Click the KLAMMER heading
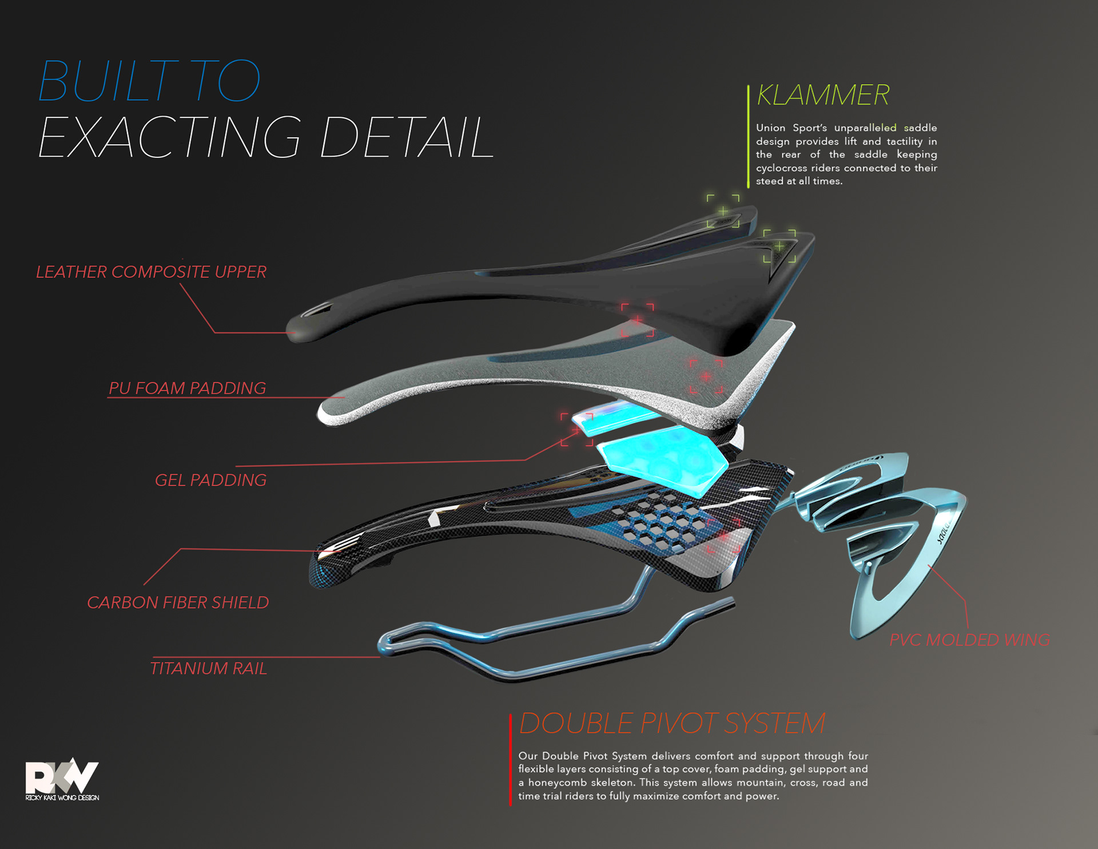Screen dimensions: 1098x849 (x=823, y=95)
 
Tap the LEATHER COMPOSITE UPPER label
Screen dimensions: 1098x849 (x=151, y=272)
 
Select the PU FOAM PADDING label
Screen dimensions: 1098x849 (x=187, y=388)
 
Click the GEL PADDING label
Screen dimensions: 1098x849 (x=210, y=480)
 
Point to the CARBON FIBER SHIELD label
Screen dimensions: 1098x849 (x=177, y=602)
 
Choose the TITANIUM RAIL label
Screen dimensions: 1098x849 (x=208, y=668)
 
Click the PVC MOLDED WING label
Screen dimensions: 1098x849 (x=969, y=640)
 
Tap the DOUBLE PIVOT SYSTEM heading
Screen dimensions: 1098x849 (x=672, y=723)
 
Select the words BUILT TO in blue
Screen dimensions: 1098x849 (x=149, y=81)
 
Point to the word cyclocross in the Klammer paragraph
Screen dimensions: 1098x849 (x=782, y=168)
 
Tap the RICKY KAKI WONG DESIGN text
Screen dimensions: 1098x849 (x=62, y=798)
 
